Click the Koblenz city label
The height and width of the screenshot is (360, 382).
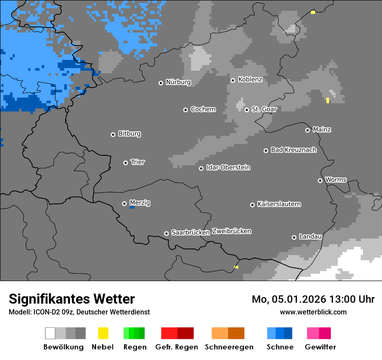pos(250,79)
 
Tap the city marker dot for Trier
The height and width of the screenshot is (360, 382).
pos(126,163)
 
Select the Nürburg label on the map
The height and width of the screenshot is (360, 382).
pos(178,82)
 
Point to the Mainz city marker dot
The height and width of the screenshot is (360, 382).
pos(308,130)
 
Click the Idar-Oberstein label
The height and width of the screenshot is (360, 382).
pos(228,167)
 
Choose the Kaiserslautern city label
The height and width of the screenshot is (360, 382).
pos(279,204)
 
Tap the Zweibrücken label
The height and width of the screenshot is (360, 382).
pos(231,231)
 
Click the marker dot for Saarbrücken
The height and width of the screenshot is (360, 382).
pos(166,233)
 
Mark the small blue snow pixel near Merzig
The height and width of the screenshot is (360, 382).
pos(132,207)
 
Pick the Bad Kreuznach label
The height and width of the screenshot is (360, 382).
pos(293,150)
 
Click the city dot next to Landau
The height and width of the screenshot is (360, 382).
pos(294,237)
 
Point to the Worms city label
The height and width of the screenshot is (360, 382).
pos(336,180)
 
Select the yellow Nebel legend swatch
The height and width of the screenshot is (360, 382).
pos(103,333)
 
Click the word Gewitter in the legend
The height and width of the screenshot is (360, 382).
pos(320,347)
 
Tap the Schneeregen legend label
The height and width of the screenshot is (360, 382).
pos(227,347)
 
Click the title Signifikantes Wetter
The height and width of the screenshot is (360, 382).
pos(72,299)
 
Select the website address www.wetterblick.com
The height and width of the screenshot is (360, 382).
pos(313,312)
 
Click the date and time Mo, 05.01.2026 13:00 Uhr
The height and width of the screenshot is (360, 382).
pos(313,299)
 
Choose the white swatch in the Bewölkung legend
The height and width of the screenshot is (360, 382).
pos(50,333)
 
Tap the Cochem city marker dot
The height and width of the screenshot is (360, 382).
pos(185,110)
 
